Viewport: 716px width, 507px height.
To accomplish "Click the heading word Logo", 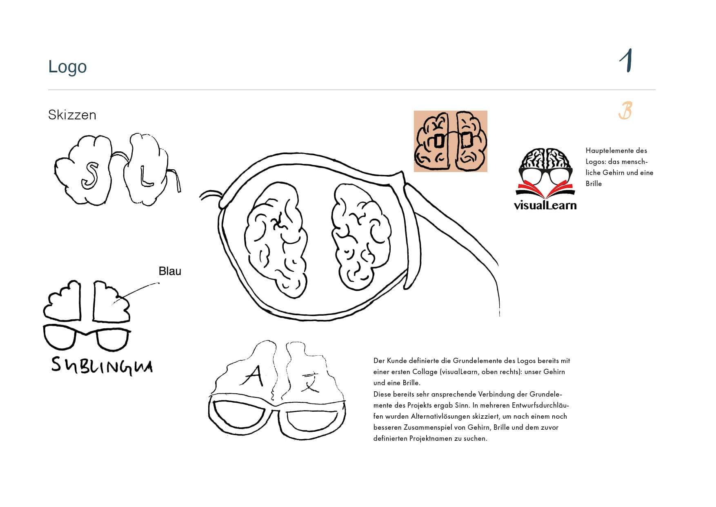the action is click(x=67, y=67).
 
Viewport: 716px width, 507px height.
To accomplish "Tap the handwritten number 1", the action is click(x=626, y=61).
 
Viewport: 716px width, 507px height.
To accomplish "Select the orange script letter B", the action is click(x=625, y=110).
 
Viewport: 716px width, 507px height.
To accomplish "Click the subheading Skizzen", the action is click(x=72, y=115).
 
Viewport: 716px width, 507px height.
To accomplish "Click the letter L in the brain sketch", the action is click(x=146, y=175).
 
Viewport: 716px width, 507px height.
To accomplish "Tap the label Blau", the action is click(x=170, y=271).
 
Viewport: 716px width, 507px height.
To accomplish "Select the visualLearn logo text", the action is click(x=545, y=205).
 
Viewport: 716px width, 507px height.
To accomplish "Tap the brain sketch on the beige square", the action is click(x=451, y=141).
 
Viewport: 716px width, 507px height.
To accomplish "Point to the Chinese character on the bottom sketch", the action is click(x=310, y=381).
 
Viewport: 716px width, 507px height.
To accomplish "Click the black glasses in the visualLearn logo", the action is click(x=545, y=175).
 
